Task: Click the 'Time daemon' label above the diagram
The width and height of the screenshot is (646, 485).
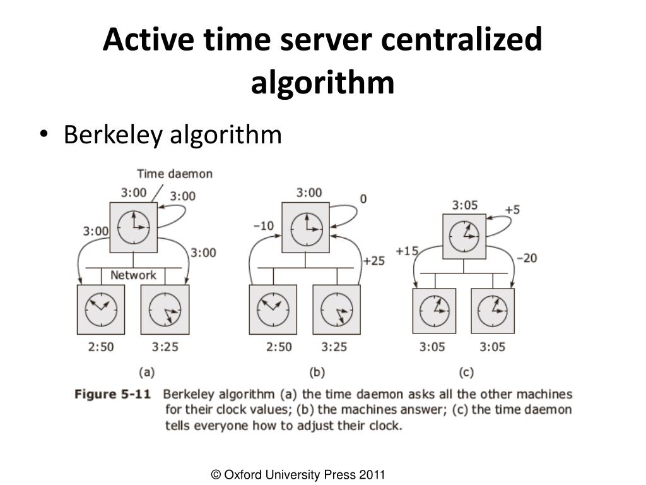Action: coord(175,174)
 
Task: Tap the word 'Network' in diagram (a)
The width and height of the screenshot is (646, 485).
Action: coord(133,275)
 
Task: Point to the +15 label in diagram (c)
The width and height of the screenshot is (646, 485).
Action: coord(407,251)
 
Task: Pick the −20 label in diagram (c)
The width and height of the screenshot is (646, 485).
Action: coord(526,258)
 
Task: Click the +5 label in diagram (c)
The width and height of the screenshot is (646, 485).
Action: coord(512,209)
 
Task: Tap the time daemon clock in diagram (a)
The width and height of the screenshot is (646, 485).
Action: coord(133,227)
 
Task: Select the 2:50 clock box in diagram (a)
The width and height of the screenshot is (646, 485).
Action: coord(101,309)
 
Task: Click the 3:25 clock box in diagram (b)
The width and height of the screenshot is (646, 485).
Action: coord(337,309)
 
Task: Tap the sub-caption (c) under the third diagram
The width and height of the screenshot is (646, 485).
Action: coord(467,373)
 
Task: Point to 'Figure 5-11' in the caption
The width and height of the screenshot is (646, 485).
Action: coord(113,395)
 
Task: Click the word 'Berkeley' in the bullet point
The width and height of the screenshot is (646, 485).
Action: coord(112,135)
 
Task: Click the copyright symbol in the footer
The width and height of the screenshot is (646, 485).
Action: coord(216,475)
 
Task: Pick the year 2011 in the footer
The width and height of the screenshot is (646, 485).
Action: coord(373,475)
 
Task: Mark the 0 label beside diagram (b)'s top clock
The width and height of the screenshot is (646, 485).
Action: coord(363,199)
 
